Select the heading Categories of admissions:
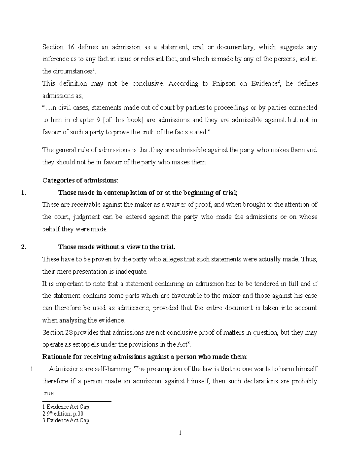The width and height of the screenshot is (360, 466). [80, 180]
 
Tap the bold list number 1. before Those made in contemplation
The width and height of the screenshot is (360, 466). [24, 193]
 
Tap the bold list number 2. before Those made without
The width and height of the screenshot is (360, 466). [24, 247]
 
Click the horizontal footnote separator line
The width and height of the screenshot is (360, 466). [77, 401]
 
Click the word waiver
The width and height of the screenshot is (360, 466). [176, 205]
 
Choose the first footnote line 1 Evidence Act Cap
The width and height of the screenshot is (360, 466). [66, 407]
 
